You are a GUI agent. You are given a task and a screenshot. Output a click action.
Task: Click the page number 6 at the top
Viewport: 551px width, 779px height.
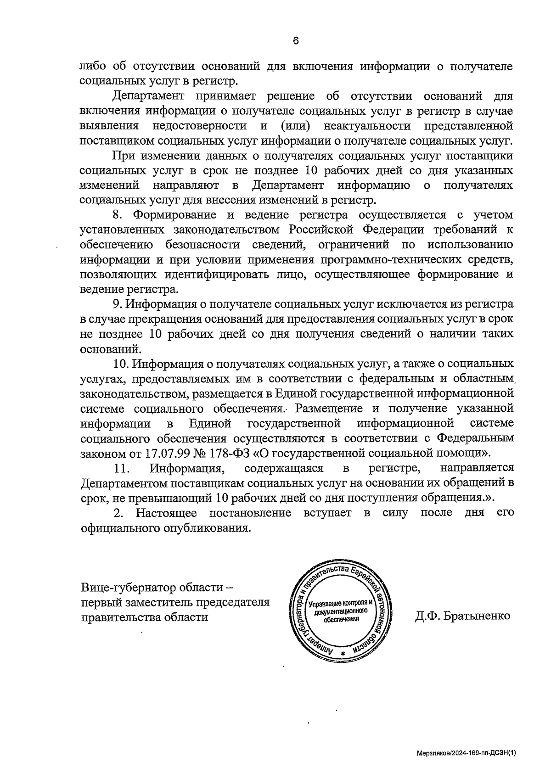(296, 41)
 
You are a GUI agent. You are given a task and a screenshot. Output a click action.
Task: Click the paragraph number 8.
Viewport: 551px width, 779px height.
(117, 215)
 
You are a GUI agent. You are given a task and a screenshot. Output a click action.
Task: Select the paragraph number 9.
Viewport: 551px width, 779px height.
(117, 304)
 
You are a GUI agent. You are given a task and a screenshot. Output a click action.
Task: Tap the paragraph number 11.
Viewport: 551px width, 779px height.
(120, 468)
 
